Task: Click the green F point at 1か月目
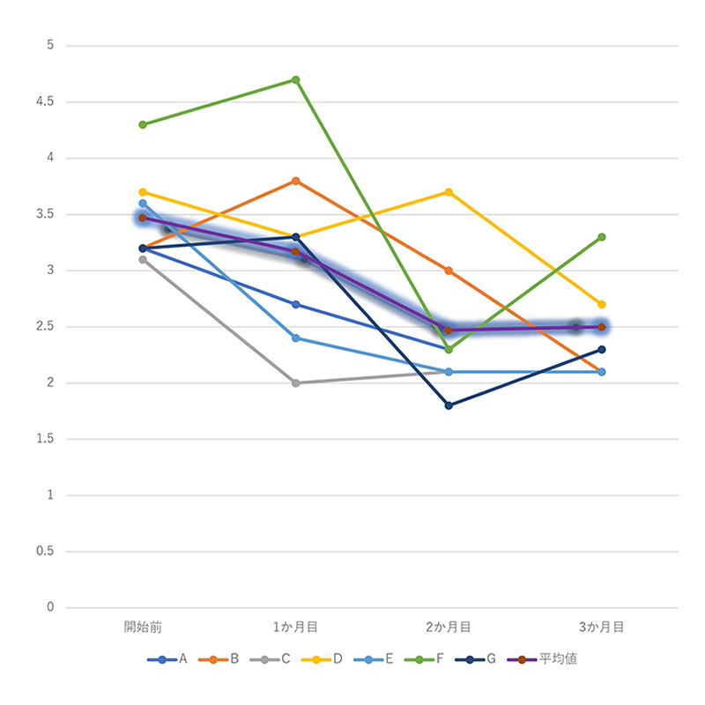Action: pyautogui.click(x=296, y=79)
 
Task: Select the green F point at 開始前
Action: pyautogui.click(x=143, y=124)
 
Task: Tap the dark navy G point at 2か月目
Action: pyautogui.click(x=449, y=405)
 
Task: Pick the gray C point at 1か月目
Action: pyautogui.click(x=296, y=383)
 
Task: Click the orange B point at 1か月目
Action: pyautogui.click(x=296, y=181)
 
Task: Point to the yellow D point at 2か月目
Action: pyautogui.click(x=449, y=192)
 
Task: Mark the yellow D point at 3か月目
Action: pyautogui.click(x=602, y=304)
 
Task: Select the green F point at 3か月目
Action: pyautogui.click(x=602, y=237)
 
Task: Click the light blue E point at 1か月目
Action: pyautogui.click(x=296, y=338)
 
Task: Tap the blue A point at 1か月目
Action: pyautogui.click(x=296, y=305)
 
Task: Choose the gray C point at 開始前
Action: pyautogui.click(x=143, y=259)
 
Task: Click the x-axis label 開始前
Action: pyautogui.click(x=143, y=627)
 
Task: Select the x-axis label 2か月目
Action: pyautogui.click(x=449, y=627)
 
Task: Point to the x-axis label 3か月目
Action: pyautogui.click(x=602, y=627)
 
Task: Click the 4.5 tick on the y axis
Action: pyautogui.click(x=43, y=102)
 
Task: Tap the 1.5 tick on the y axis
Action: pyautogui.click(x=43, y=439)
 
